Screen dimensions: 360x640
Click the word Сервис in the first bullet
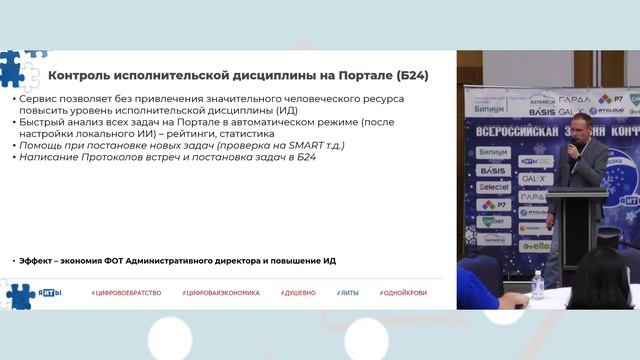pos(36,102)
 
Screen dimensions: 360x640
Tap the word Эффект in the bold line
pos(38,260)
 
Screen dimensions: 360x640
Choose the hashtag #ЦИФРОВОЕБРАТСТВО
pos(123,292)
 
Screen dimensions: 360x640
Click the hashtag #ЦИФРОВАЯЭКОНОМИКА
pos(220,292)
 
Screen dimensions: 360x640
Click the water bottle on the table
pos(538,284)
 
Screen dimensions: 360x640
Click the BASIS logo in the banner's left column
pos(493,171)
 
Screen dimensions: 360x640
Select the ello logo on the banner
pos(536,245)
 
